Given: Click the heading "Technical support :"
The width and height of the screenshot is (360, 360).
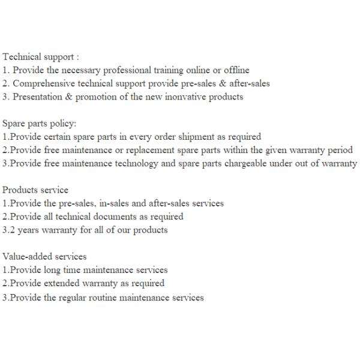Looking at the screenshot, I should (x=40, y=57).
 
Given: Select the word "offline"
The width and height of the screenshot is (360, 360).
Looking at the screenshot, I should (x=236, y=70).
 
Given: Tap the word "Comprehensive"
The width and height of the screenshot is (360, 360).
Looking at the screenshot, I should (x=44, y=83).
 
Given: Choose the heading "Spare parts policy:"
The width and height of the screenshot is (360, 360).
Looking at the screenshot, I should (x=39, y=124).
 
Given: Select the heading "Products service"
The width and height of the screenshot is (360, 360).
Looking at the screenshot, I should (x=35, y=190).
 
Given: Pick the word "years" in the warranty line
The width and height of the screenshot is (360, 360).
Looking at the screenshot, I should (x=25, y=230).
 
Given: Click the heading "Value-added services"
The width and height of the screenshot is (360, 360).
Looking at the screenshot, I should (x=44, y=257).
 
